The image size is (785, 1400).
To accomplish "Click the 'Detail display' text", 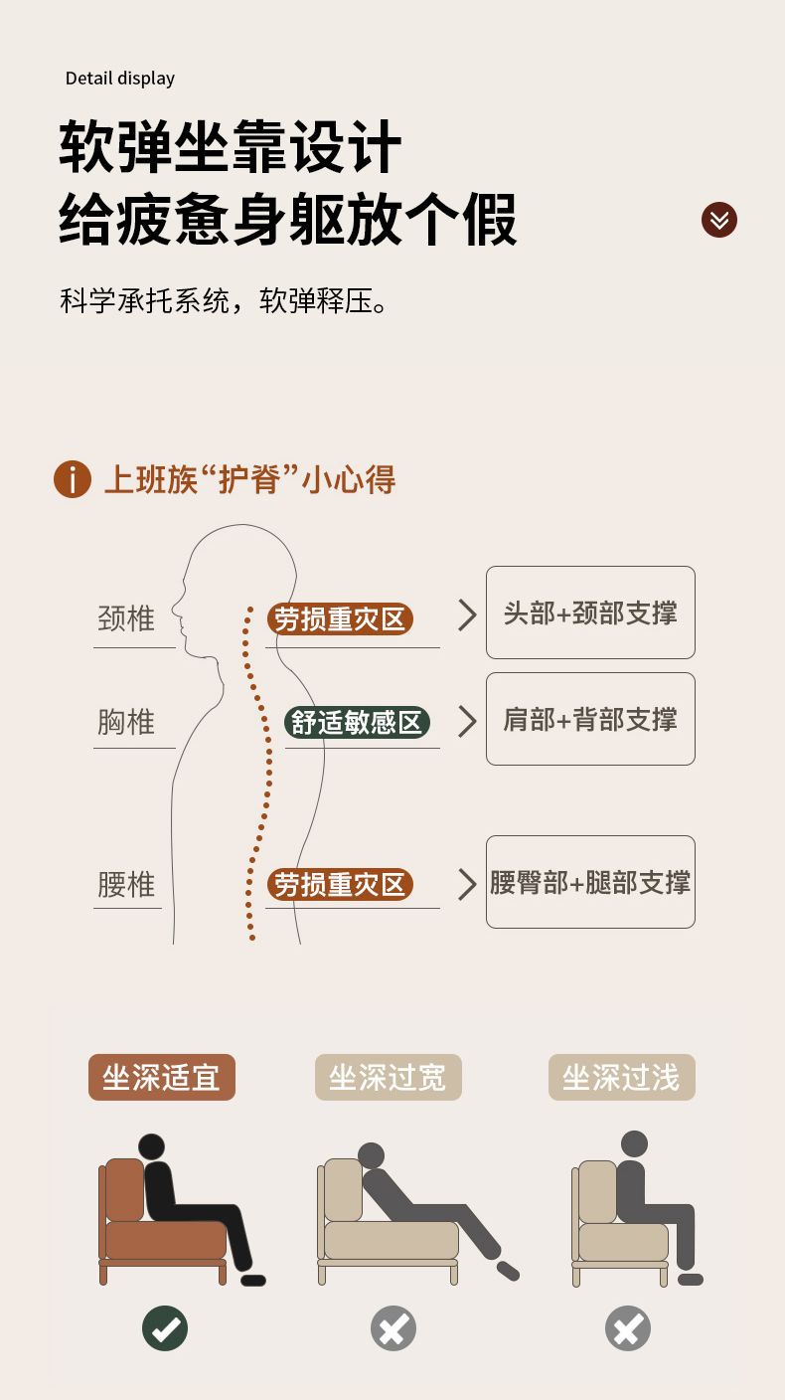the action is tap(120, 79).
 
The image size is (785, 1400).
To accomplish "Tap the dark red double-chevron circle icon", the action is tap(719, 220).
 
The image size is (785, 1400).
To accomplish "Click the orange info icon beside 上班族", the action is tap(73, 479).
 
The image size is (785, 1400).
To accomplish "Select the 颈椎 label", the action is tap(126, 619).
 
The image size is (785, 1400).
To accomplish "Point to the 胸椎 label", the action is tap(126, 722).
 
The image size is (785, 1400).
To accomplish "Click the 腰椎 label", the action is tap(126, 884).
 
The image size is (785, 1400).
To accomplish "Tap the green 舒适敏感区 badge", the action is tap(357, 722).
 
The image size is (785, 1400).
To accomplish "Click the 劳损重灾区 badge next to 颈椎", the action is tap(340, 619).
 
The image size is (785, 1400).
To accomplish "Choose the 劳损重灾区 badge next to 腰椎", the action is tap(340, 884).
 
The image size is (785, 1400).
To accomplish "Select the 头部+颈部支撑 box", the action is tap(590, 612).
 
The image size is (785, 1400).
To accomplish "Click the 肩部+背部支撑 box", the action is tap(590, 719).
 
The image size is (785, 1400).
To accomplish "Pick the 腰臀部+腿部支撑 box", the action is tap(590, 882).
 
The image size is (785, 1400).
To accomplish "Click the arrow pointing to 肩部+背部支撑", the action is tap(467, 722).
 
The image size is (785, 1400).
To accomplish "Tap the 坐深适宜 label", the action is tap(162, 1077).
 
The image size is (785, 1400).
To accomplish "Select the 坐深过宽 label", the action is tap(389, 1077).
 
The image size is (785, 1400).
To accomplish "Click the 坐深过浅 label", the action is tap(622, 1077).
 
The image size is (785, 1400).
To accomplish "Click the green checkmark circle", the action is tap(165, 1328).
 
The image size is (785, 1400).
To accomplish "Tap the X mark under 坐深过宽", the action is tap(393, 1328).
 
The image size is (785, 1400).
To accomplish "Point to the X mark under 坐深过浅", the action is tap(628, 1328).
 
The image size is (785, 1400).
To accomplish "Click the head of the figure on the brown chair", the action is tap(151, 1147).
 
